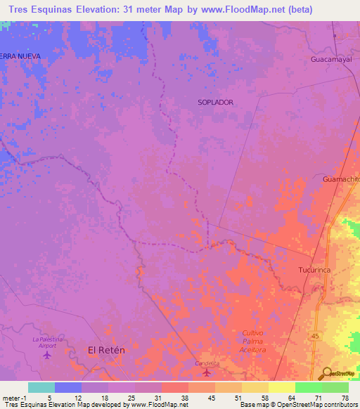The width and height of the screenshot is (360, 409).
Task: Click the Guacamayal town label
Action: point(330,60)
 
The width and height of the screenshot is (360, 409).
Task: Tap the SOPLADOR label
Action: point(215,102)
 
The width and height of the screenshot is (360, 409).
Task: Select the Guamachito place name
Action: point(341,179)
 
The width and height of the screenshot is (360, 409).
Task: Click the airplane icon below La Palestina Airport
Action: point(47,354)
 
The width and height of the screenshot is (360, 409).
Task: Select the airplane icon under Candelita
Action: point(207,372)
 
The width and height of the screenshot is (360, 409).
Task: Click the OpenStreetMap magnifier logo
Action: point(327,372)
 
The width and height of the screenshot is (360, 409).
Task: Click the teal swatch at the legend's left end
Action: point(41,387)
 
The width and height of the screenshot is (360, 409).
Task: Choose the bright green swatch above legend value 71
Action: point(308,387)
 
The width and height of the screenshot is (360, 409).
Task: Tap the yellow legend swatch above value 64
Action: point(281,387)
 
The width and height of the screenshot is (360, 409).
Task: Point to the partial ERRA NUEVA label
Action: point(20,56)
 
